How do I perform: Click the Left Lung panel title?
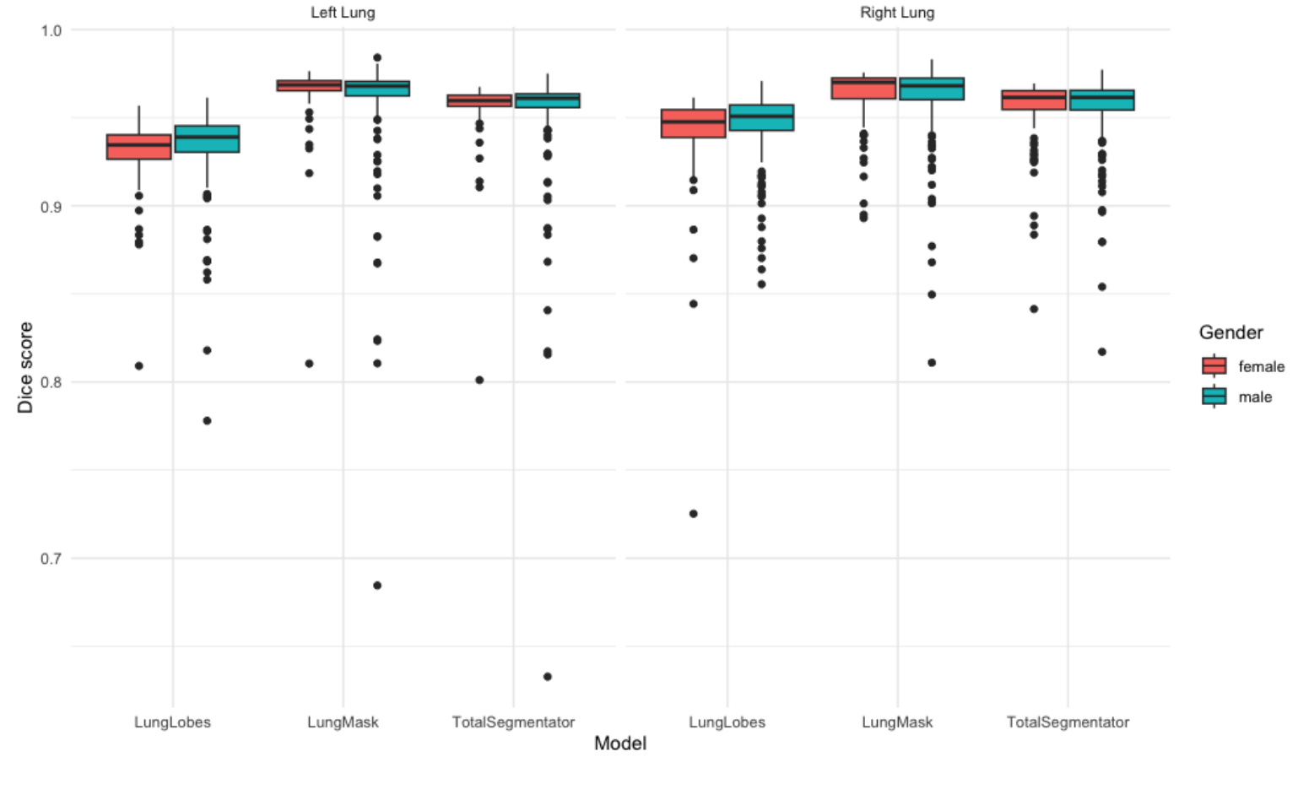click(343, 13)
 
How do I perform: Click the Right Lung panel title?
click(897, 13)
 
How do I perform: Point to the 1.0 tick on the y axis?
click(51, 30)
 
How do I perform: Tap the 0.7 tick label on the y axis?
click(51, 559)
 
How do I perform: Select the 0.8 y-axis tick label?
click(51, 382)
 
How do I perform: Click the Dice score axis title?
click(25, 367)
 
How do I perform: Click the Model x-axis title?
click(620, 743)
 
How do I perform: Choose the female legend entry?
click(1261, 366)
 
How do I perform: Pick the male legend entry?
click(1255, 397)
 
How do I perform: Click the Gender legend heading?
click(1230, 332)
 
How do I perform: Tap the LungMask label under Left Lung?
click(343, 722)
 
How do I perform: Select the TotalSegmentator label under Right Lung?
click(1068, 722)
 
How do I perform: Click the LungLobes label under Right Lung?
click(727, 722)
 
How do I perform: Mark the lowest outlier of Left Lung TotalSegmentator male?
click(548, 677)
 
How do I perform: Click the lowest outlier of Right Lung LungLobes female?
click(694, 514)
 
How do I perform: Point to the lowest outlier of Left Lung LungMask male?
click(377, 586)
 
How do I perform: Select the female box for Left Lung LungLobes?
click(139, 147)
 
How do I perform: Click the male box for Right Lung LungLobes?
click(761, 117)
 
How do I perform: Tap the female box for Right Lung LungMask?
click(863, 88)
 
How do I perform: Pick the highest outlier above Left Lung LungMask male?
click(377, 58)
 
